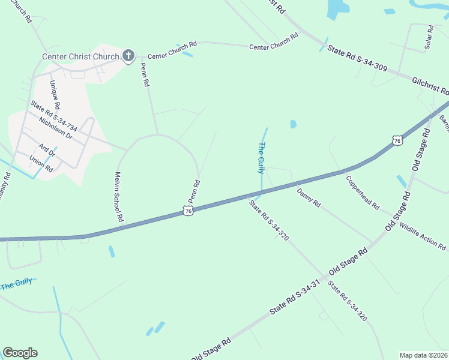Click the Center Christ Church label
[x=80, y=56]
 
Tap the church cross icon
[x=128, y=56]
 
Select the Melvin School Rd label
[x=118, y=197]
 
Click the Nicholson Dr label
[x=55, y=127]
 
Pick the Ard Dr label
[x=47, y=150]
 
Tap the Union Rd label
[x=41, y=165]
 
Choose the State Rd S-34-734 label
[x=54, y=115]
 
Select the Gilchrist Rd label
[x=430, y=86]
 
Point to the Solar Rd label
[x=429, y=37]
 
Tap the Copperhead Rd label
[x=362, y=191]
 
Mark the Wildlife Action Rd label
[x=423, y=238]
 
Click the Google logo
[x=20, y=353]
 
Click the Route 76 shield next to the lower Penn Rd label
[x=188, y=211]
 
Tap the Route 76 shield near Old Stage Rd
[x=397, y=140]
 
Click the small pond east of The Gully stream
[x=293, y=124]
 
